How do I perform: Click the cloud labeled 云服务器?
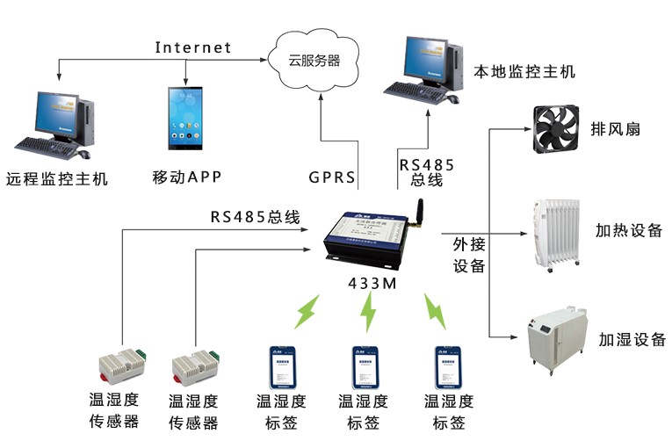pyautogui.click(x=314, y=60)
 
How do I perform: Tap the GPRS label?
pyautogui.click(x=331, y=177)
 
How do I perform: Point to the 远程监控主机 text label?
pyautogui.click(x=56, y=178)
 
